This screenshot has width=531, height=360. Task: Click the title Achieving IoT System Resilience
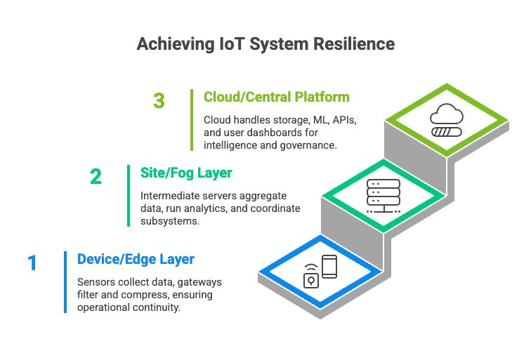[x=265, y=44]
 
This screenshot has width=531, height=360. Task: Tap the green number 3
[x=159, y=101]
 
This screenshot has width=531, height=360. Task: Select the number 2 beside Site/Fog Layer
[x=96, y=176]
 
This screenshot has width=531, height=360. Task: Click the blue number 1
[x=32, y=263]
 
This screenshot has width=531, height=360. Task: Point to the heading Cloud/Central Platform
[x=276, y=97]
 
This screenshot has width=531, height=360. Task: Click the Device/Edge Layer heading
[x=136, y=259]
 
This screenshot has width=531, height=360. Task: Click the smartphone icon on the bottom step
[x=329, y=267]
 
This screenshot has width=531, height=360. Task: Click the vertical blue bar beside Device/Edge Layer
[x=65, y=281]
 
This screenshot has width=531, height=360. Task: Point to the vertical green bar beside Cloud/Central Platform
[x=192, y=119]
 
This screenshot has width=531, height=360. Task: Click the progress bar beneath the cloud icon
[x=447, y=131]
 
